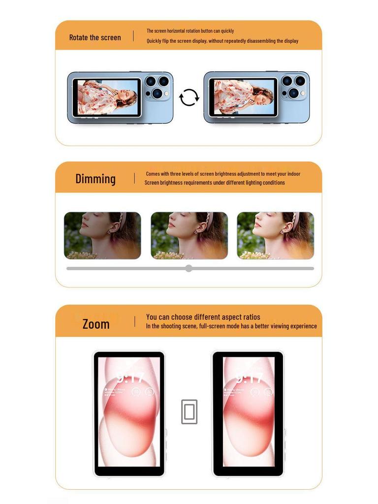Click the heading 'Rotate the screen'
point(95,37)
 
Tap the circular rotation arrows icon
point(189,97)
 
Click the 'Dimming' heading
point(95,179)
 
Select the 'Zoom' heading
point(96,324)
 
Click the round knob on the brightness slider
point(189,268)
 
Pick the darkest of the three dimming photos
point(102,235)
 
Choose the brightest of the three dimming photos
point(275,235)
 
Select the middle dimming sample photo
point(189,235)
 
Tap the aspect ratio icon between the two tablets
point(189,411)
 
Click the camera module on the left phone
point(157,87)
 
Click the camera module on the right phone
point(294,87)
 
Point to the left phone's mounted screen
point(106,97)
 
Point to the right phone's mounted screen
point(243,97)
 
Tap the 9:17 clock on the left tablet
point(129,378)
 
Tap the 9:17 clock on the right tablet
point(250,378)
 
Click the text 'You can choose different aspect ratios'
point(203,317)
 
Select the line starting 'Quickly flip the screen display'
point(222,41)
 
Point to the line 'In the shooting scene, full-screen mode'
point(231,326)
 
